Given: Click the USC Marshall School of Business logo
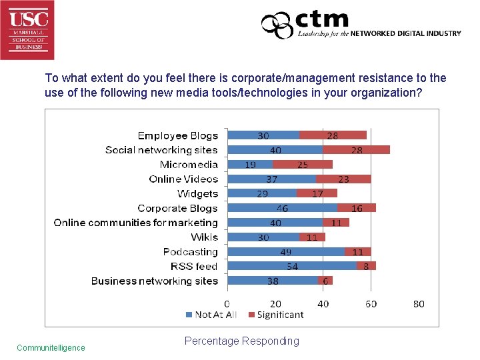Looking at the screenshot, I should (x=27, y=30).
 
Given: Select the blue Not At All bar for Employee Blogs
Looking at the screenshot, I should (x=263, y=135).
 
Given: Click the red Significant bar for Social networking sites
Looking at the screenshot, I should (x=356, y=150).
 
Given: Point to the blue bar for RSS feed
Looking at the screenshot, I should (x=292, y=266).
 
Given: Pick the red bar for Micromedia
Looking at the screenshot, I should (x=303, y=165).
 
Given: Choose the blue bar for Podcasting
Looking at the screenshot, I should (x=286, y=251).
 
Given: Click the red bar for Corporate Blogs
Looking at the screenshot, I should (x=357, y=208).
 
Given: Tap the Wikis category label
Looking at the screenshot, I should (x=204, y=237).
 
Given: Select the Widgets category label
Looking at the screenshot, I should (x=197, y=194).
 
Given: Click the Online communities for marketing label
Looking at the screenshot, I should (x=136, y=223).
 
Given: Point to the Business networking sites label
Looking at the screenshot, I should (x=155, y=281).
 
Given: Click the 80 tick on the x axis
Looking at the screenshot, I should (x=419, y=304).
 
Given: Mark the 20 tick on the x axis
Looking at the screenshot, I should (x=275, y=304).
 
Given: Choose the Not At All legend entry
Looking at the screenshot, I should (x=212, y=315).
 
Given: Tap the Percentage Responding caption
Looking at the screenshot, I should (x=241, y=341).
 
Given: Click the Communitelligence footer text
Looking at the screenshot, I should (x=51, y=347).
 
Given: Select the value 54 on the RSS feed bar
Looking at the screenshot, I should (x=292, y=267).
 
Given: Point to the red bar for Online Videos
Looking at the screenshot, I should (x=343, y=179).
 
